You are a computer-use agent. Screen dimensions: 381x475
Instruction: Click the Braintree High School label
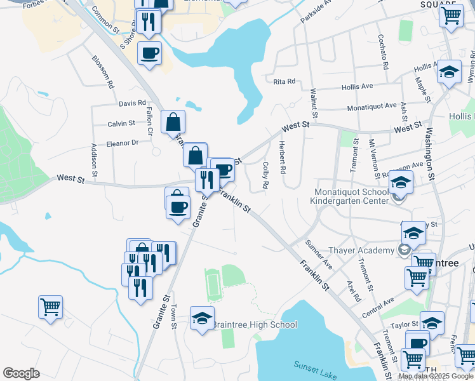[x=254, y=325]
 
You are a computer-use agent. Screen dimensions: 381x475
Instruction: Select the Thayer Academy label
[x=361, y=250]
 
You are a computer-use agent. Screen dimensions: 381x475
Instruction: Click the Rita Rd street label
[x=284, y=81]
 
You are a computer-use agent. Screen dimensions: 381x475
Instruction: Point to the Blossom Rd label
[x=102, y=72]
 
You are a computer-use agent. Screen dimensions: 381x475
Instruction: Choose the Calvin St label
[x=121, y=123]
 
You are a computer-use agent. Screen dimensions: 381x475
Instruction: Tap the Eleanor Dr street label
[x=122, y=143]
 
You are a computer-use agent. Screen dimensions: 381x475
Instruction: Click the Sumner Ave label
[x=319, y=253]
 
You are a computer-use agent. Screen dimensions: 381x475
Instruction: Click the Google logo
[x=21, y=373]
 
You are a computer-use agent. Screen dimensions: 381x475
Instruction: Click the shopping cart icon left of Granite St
[x=50, y=307]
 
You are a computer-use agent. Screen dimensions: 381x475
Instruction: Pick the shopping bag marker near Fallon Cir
[x=173, y=121]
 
